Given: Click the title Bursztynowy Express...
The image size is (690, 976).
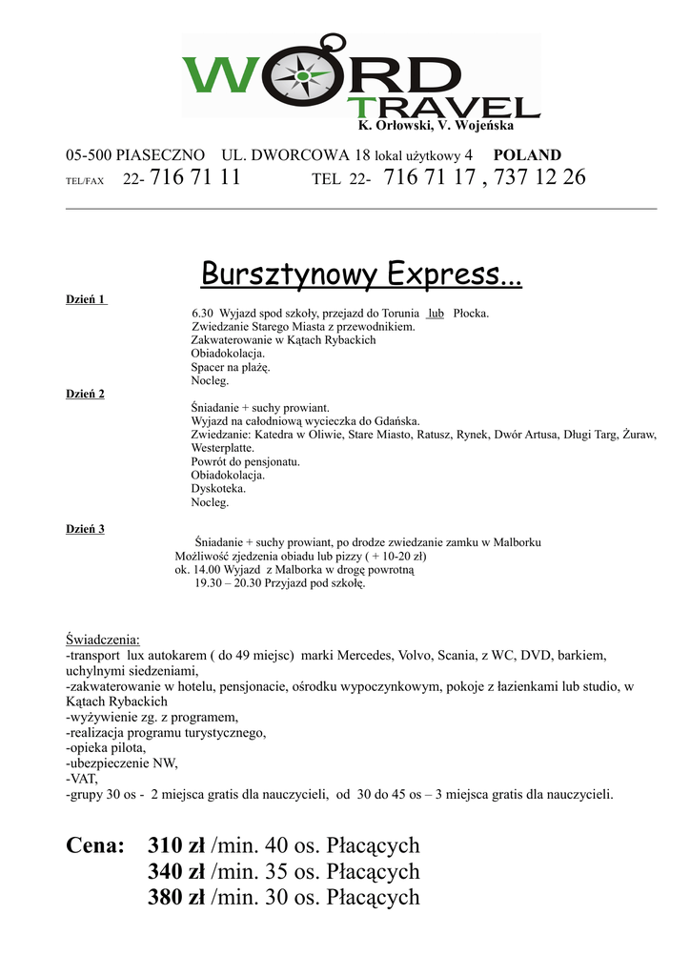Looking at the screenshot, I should tap(361, 274).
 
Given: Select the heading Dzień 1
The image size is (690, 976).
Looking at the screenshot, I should tap(86, 299).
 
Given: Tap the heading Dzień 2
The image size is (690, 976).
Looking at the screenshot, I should tap(85, 394).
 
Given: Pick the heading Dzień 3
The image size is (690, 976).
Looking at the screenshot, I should tap(85, 529).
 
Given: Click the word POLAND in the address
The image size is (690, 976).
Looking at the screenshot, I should tap(527, 155).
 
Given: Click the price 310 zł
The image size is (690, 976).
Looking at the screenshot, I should tap(177, 845).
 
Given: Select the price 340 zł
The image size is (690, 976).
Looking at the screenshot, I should tap(177, 871).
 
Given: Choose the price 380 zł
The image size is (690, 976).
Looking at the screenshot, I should tap(177, 897).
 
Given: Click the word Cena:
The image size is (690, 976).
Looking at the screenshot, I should tap(95, 845).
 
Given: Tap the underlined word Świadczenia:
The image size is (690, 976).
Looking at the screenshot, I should tap(103, 640).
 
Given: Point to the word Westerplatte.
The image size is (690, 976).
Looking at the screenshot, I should tap(222, 448).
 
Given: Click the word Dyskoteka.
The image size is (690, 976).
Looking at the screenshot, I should tap(218, 488).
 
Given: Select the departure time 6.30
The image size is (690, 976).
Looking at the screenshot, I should tap(203, 313).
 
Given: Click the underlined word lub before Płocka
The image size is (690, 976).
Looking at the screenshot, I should tap(436, 313).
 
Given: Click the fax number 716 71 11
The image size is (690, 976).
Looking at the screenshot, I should tap(195, 177).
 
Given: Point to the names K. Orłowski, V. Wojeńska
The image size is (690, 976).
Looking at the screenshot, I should tap(436, 125).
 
